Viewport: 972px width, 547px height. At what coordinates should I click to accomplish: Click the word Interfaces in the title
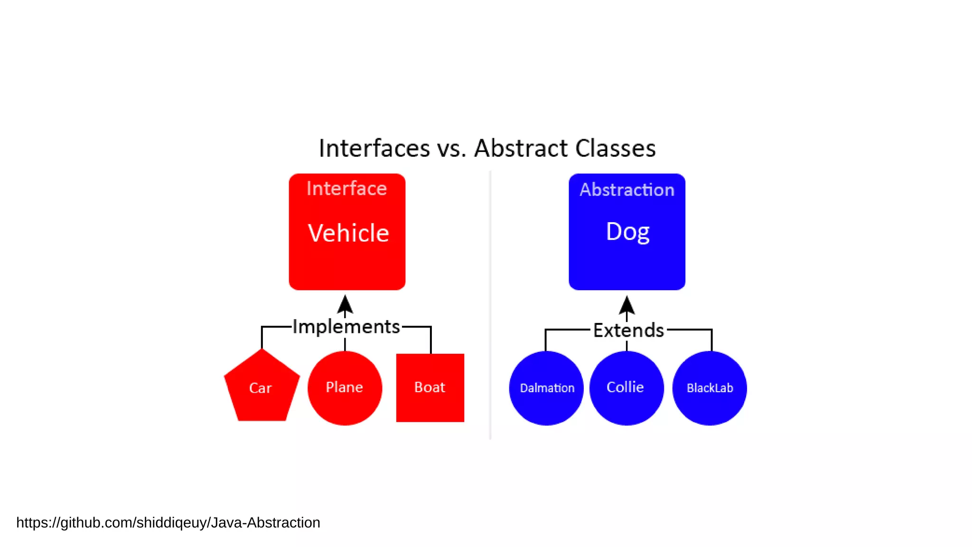coord(374,148)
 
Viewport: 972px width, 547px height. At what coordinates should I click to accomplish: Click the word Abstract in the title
coord(521,148)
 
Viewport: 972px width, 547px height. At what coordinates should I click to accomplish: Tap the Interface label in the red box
coord(346,189)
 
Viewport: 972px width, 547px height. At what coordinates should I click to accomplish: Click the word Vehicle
coord(348,233)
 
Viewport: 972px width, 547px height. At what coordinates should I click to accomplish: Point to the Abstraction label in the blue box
coord(626,190)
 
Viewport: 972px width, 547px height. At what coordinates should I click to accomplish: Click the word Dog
coord(627,232)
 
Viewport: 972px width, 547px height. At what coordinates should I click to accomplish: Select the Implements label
coord(346,327)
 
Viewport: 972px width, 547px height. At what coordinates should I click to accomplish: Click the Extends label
coord(628,330)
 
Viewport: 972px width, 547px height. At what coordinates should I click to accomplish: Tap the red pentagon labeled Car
coord(261,388)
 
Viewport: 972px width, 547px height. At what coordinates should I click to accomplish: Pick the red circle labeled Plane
coord(345,388)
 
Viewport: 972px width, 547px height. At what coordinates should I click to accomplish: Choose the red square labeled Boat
coord(430,387)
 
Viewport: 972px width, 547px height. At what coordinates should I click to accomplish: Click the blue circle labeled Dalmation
coord(546,388)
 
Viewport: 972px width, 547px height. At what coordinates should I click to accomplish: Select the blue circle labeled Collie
coord(626,388)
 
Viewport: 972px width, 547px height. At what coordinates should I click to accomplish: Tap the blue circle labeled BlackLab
coord(710,388)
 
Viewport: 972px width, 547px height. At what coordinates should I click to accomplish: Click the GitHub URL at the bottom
coord(168,522)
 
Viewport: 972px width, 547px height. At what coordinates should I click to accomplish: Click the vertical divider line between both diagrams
coord(490,304)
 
